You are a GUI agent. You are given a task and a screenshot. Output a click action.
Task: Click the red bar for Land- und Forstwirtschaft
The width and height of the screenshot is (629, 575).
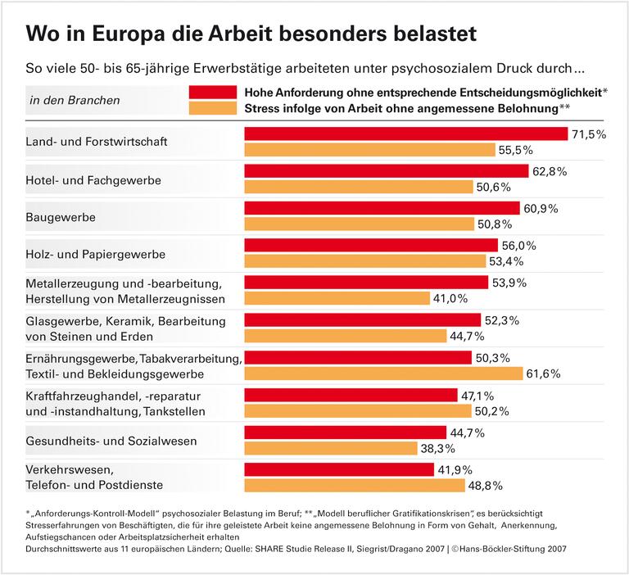coord(406,134)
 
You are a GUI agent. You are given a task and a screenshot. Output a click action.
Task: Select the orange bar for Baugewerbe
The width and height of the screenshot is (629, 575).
coord(360,224)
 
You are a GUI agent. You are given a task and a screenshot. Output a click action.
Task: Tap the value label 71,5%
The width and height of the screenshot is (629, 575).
coord(588,134)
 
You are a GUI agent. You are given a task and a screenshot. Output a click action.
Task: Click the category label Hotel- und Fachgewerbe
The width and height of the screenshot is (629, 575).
coord(93,179)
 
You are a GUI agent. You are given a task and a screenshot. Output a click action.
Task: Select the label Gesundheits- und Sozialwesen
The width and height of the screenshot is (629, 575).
coord(112,441)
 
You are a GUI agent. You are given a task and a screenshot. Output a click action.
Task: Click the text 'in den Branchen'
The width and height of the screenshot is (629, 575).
coord(75,101)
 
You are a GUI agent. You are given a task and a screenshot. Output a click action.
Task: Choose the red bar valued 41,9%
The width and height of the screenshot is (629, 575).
coord(339,469)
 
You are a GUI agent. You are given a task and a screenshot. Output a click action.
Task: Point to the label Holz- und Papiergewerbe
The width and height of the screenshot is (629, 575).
coord(96,254)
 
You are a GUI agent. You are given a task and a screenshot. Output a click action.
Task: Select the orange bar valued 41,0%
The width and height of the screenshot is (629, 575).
coord(337,298)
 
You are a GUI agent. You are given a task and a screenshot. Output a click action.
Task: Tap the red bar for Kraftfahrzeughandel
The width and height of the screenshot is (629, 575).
coord(351,395)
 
